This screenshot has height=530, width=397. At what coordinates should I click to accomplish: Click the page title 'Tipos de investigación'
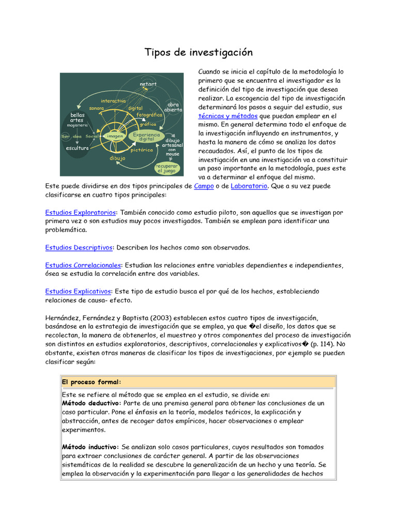[198, 52]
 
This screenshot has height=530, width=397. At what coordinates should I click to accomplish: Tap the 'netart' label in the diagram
[148, 84]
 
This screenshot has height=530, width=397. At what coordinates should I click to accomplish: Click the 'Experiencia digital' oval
[146, 137]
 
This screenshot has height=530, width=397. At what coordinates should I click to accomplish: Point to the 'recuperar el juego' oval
[166, 168]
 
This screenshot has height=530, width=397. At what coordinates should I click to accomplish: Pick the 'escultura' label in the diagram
[77, 148]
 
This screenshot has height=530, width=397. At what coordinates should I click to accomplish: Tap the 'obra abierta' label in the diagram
[173, 107]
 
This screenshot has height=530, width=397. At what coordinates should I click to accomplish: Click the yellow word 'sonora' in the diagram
[96, 108]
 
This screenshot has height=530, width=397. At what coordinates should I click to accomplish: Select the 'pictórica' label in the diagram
[142, 150]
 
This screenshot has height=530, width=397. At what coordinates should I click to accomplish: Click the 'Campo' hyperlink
[204, 186]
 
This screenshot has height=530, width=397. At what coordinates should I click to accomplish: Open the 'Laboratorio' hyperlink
[249, 186]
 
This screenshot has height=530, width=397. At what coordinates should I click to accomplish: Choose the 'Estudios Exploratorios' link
[81, 212]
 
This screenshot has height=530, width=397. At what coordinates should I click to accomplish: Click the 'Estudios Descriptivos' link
[79, 247]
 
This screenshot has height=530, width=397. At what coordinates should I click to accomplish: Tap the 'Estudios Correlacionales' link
[83, 265]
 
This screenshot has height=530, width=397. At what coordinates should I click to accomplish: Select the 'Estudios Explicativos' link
[78, 291]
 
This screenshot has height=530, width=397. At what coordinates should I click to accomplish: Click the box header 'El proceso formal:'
[91, 382]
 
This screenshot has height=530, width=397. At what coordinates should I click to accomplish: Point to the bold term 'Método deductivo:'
[91, 403]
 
